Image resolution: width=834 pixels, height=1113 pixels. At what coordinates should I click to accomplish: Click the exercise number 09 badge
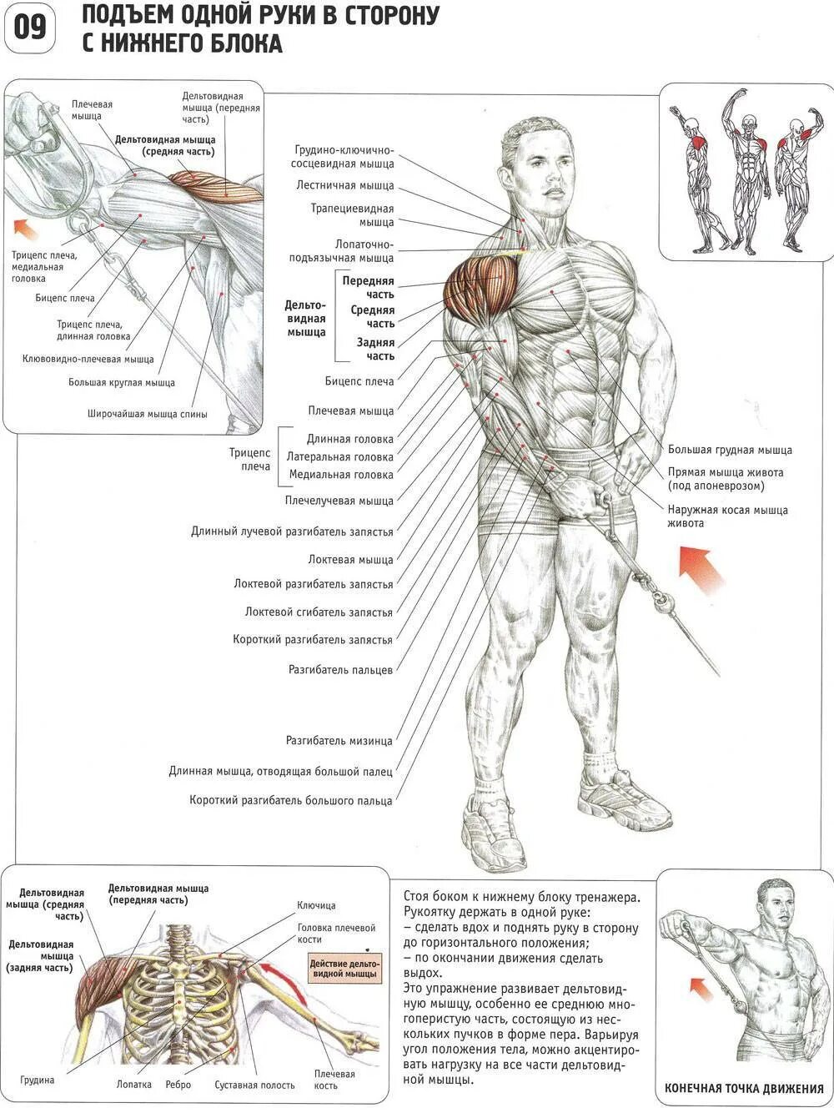click(30, 29)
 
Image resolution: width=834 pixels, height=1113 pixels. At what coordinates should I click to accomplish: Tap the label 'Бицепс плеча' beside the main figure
click(359, 381)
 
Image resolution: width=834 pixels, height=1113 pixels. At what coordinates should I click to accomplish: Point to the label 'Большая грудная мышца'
click(730, 451)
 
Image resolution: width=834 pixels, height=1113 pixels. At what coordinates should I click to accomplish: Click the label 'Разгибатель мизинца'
click(339, 741)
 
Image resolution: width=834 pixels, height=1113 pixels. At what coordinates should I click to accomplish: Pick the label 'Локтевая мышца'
click(350, 560)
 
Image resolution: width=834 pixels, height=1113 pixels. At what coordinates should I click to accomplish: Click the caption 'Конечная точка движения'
click(744, 1089)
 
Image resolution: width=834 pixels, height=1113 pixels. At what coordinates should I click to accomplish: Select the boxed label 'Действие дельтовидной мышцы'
click(343, 969)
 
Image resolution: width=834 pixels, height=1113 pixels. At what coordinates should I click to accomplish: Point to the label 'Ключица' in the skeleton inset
click(317, 906)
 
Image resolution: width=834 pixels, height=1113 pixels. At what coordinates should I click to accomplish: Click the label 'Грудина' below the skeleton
click(38, 1080)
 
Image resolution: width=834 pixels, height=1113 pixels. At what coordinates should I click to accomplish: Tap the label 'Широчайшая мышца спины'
click(147, 414)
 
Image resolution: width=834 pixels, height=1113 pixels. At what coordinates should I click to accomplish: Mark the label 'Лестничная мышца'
click(353, 186)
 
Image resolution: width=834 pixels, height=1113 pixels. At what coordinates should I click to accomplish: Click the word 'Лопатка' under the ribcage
click(134, 1085)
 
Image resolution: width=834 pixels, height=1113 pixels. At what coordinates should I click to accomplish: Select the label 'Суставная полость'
click(254, 1085)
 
